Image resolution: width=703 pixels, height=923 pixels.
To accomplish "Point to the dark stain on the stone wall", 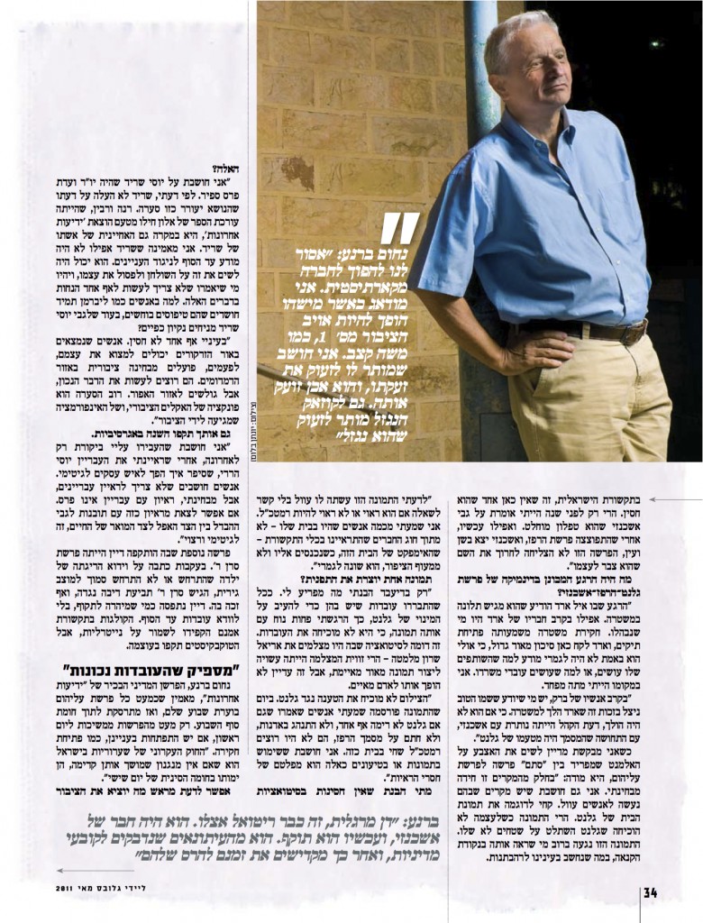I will click(x=297, y=171).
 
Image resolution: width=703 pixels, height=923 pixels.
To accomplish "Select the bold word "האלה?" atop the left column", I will click(x=229, y=169).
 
